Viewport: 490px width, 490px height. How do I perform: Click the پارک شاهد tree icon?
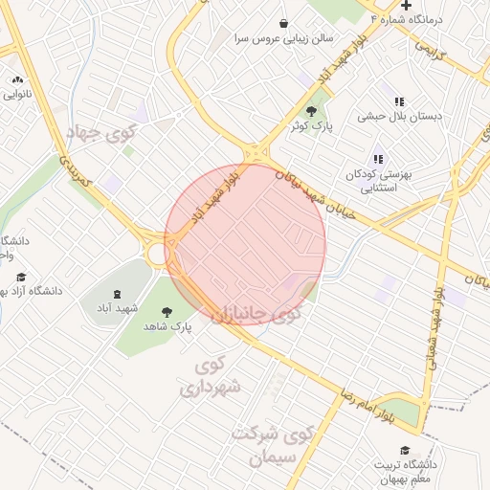click(167, 311)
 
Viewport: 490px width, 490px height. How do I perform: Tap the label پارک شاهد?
click(167, 326)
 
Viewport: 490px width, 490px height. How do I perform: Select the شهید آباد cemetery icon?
click(117, 294)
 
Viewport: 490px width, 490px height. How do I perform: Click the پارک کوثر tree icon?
click(311, 112)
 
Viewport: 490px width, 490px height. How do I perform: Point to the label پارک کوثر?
click(311, 127)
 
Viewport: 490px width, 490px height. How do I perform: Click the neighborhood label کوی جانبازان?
click(253, 314)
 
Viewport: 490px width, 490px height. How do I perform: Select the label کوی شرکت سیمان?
click(272, 444)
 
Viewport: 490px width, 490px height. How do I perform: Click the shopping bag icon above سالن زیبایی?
click(283, 24)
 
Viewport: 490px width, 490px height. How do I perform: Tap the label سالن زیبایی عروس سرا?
click(283, 40)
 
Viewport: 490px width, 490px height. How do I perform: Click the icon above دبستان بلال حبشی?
click(399, 100)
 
